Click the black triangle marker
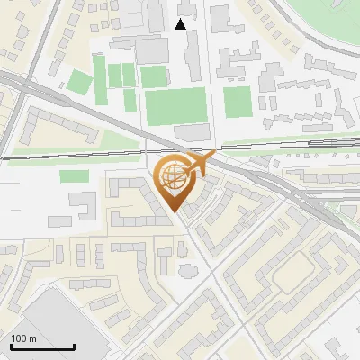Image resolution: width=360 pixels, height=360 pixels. pos(181,24)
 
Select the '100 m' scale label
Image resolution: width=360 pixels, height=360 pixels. pos(23,338)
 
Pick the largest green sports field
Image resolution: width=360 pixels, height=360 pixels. pos(176,107)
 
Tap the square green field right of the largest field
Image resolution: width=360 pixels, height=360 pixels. pos(237,102)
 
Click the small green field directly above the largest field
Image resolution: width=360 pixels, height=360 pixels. pos(154,77)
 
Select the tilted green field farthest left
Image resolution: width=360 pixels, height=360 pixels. pos(80,84)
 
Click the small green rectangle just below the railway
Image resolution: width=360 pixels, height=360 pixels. pos(75,176)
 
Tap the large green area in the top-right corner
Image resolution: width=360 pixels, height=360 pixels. pos(328,27)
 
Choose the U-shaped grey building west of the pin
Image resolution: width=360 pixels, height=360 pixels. pos(85,205)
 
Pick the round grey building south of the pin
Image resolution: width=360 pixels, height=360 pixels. pos(187,270)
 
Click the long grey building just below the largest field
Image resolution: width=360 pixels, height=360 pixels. pos(192,132)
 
